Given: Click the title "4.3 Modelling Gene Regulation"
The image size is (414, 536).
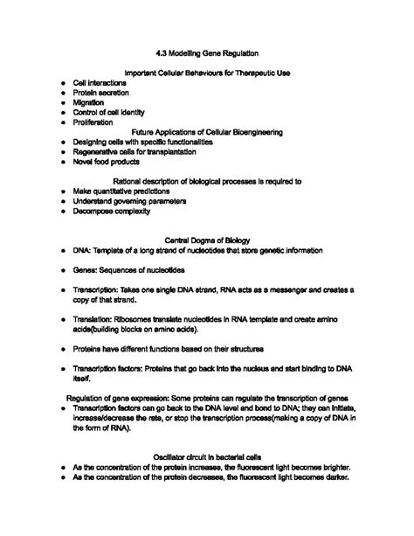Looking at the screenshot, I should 207,53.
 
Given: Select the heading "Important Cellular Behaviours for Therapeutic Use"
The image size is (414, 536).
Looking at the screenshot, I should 207,73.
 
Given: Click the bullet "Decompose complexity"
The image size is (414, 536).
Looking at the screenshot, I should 112,211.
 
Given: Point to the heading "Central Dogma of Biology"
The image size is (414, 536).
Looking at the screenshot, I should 207,240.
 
